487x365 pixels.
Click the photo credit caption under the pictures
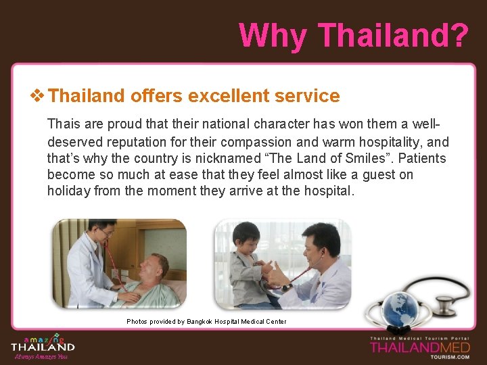[x=206, y=322]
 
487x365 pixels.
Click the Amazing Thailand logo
[x=43, y=345]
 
